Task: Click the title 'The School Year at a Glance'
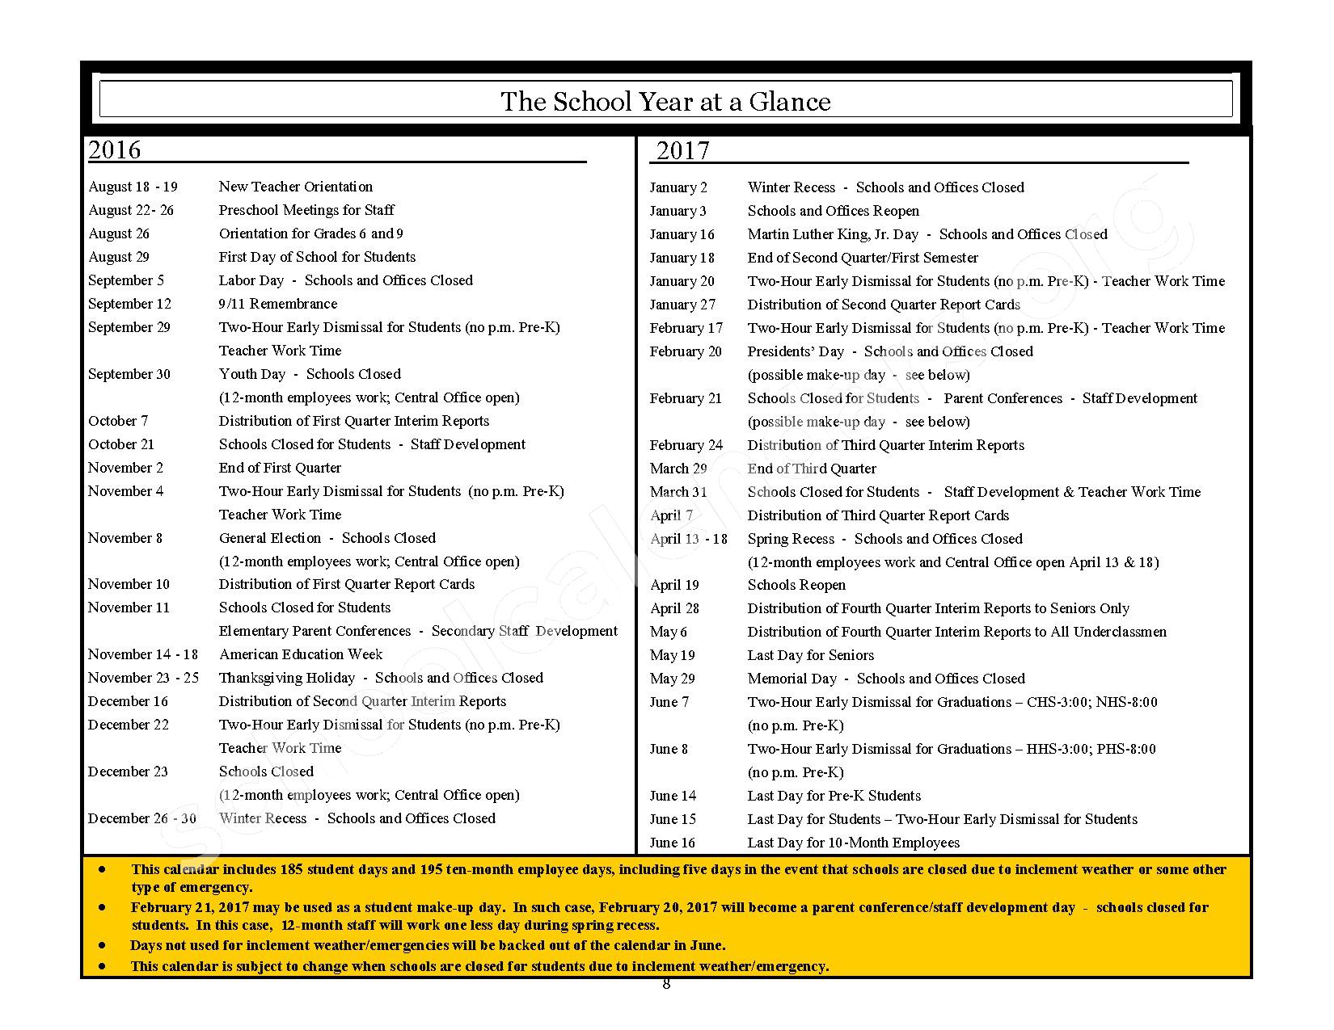pyautogui.click(x=665, y=102)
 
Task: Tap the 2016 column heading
pyautogui.click(x=114, y=149)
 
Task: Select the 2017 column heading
pyautogui.click(x=682, y=150)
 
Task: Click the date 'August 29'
pyautogui.click(x=119, y=257)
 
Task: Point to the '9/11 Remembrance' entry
pyautogui.click(x=278, y=304)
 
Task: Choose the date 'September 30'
pyautogui.click(x=129, y=374)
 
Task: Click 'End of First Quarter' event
pyautogui.click(x=280, y=468)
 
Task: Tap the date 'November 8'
pyautogui.click(x=125, y=538)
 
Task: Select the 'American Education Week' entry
pyautogui.click(x=301, y=654)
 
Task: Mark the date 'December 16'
pyautogui.click(x=128, y=701)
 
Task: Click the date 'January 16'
pyautogui.click(x=682, y=234)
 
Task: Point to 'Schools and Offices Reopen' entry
pyautogui.click(x=833, y=211)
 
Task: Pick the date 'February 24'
pyautogui.click(x=686, y=445)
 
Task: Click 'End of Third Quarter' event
pyautogui.click(x=811, y=469)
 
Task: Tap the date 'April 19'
pyautogui.click(x=674, y=585)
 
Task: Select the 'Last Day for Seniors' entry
pyautogui.click(x=810, y=655)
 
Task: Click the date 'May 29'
pyautogui.click(x=672, y=679)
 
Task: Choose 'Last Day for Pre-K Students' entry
pyautogui.click(x=834, y=796)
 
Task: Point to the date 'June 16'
pyautogui.click(x=672, y=843)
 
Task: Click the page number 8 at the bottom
pyautogui.click(x=666, y=984)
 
